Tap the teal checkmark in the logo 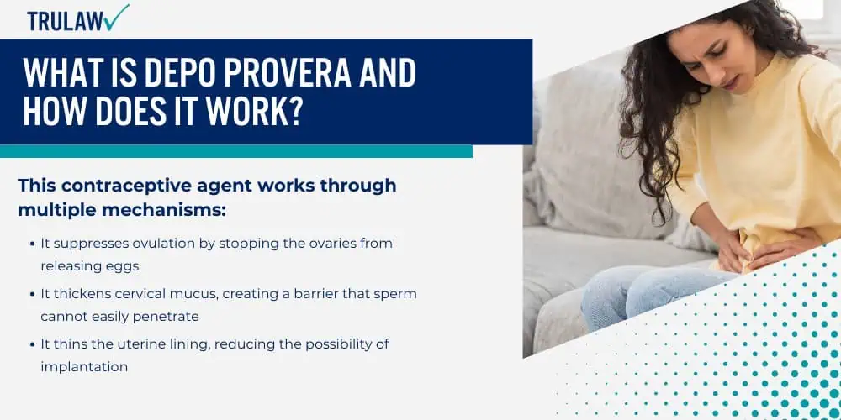pos(116,17)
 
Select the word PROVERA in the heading pos(284,72)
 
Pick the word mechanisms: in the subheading pos(162,210)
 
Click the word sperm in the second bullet pos(399,294)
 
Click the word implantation pos(84,367)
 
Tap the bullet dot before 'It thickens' pos(34,294)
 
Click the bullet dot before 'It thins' pos(34,344)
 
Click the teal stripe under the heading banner pos(236,151)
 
